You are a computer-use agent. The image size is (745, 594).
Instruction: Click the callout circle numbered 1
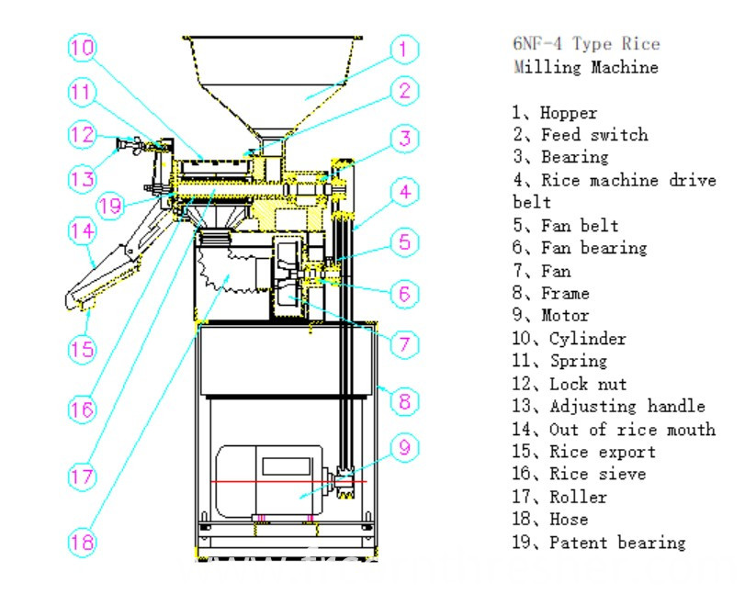click(403, 48)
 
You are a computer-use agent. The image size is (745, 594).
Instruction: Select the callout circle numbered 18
click(82, 542)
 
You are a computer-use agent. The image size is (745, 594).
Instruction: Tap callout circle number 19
click(111, 205)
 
